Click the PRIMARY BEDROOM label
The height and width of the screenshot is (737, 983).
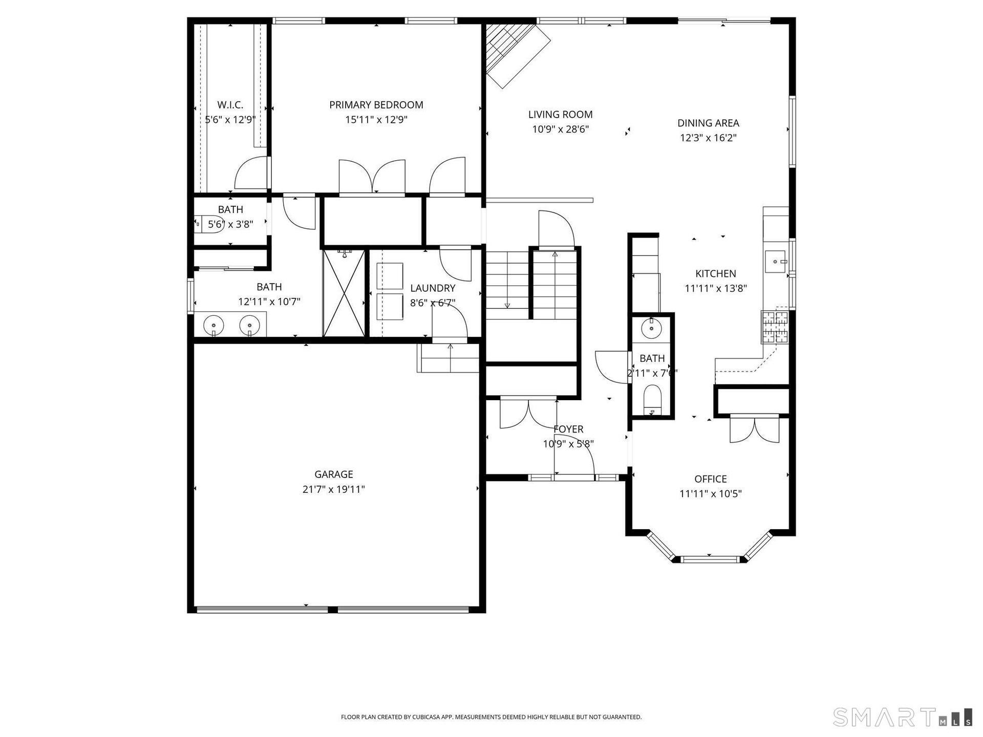[x=376, y=105]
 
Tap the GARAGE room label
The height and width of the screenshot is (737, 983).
[x=334, y=474]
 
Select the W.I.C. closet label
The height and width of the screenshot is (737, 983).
[x=230, y=105]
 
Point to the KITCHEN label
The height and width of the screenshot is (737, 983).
[x=716, y=274]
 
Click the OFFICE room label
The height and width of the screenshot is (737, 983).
[x=711, y=479]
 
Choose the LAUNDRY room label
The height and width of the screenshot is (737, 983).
[x=433, y=288]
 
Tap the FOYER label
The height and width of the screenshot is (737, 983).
[x=568, y=429]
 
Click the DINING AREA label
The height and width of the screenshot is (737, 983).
[x=709, y=123]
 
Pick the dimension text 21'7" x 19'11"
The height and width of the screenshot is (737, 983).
[x=334, y=489]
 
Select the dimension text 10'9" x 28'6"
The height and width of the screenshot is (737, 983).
[x=561, y=129]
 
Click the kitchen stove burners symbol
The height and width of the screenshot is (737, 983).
[x=775, y=327]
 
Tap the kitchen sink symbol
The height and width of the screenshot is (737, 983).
[x=777, y=262]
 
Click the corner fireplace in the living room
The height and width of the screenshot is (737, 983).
[x=514, y=53]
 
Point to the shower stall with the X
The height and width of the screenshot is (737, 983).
[x=344, y=293]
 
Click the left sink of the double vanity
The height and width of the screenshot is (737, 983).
[x=213, y=325]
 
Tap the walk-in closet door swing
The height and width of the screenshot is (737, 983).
[x=251, y=173]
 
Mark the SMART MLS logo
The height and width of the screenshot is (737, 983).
[x=903, y=717]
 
